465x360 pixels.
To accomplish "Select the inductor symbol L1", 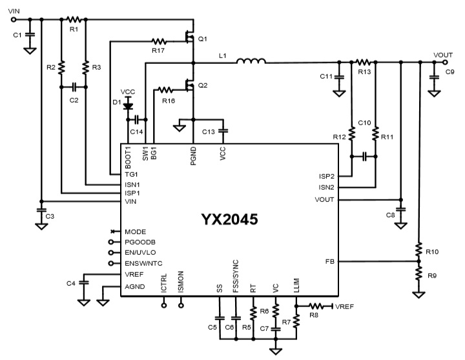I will point(251,62).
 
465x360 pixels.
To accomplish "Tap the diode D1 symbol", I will point(127,104).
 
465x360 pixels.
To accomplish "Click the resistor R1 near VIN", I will point(73,19).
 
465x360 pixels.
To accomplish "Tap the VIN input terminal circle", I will point(14,19).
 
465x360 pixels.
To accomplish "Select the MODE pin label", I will point(135,231).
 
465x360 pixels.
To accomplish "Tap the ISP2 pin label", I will point(326,175).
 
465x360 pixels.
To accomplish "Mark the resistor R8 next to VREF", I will point(316,306).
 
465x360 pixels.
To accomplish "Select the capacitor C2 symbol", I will point(74,86).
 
